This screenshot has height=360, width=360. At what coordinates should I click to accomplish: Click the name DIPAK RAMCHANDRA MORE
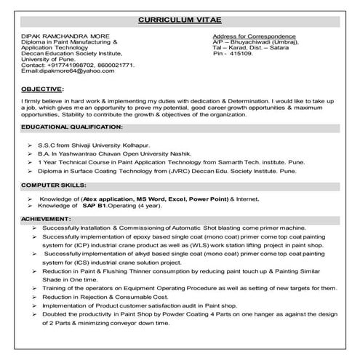(62, 36)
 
